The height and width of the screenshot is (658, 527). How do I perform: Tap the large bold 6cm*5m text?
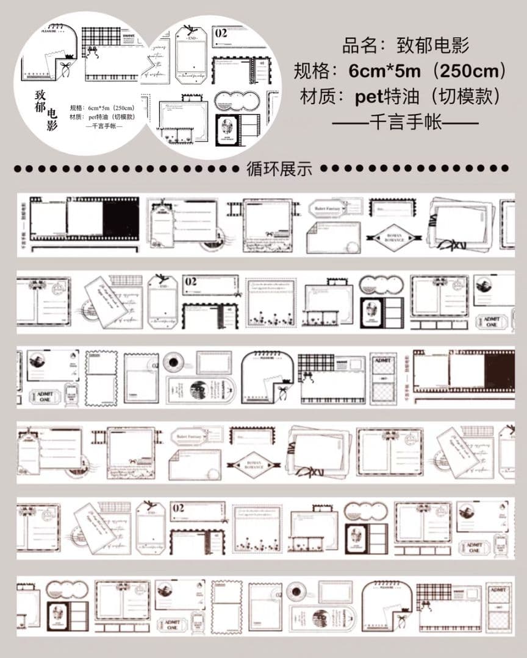384,71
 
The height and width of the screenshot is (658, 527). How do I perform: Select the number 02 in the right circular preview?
221,33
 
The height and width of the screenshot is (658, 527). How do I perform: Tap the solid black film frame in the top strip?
121,219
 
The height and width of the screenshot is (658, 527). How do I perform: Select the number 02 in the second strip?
191,281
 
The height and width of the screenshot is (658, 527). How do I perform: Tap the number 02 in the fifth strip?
178,508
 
